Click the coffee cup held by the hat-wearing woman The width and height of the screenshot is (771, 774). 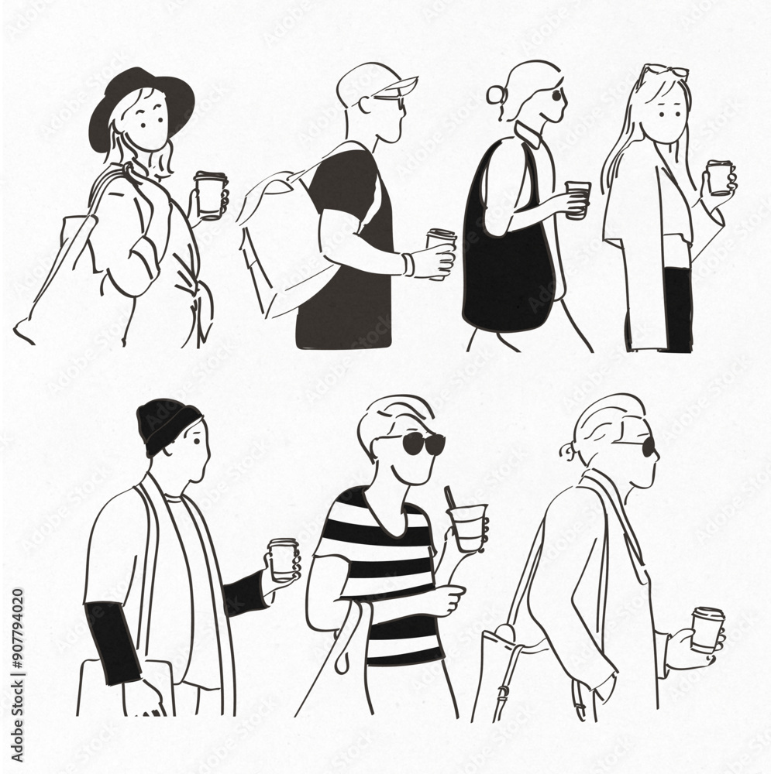pos(210,194)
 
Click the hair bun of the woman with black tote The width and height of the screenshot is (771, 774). pos(495,96)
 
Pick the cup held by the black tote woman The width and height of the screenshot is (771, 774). pos(577,200)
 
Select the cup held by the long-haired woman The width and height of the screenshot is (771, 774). pos(719,177)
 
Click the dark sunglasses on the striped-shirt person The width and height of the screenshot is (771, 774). pos(423,443)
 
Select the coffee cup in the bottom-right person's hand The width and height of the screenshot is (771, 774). pos(707,629)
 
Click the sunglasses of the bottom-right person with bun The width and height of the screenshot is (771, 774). pos(648,447)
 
